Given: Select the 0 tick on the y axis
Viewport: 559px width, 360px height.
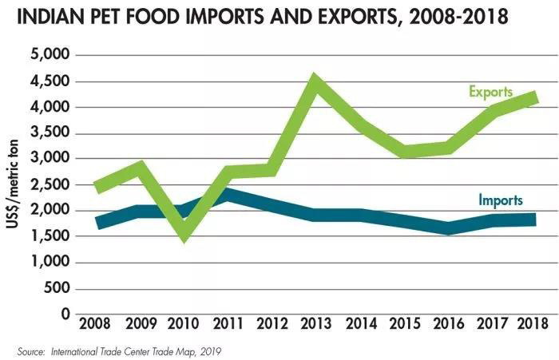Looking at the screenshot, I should pyautogui.click(x=65, y=314).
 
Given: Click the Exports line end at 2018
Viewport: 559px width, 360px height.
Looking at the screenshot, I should pyautogui.click(x=533, y=97).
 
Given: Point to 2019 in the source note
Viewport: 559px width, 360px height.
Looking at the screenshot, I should pyautogui.click(x=208, y=350).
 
